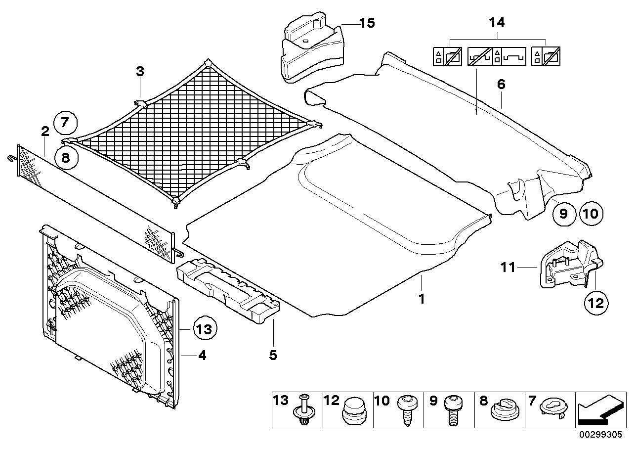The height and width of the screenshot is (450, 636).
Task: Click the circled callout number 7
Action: point(65,123)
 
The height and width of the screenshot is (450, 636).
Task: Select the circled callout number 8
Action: point(66,157)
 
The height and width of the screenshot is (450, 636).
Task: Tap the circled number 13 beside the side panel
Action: point(205,329)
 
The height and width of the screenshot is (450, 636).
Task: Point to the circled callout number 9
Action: point(563,214)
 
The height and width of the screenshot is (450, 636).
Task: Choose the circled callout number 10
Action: point(591,214)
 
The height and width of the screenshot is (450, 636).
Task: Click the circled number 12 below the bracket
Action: point(596,303)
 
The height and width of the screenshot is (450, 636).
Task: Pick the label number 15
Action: point(367,23)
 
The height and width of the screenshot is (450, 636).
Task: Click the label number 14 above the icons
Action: point(497,22)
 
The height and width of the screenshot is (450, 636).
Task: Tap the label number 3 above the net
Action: point(140,72)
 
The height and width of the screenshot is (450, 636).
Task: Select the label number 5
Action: point(273,355)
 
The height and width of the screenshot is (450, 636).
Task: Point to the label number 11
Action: point(508,268)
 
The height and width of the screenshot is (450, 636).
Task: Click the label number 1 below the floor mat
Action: point(422,299)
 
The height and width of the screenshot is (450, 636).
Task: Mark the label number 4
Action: point(202,356)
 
